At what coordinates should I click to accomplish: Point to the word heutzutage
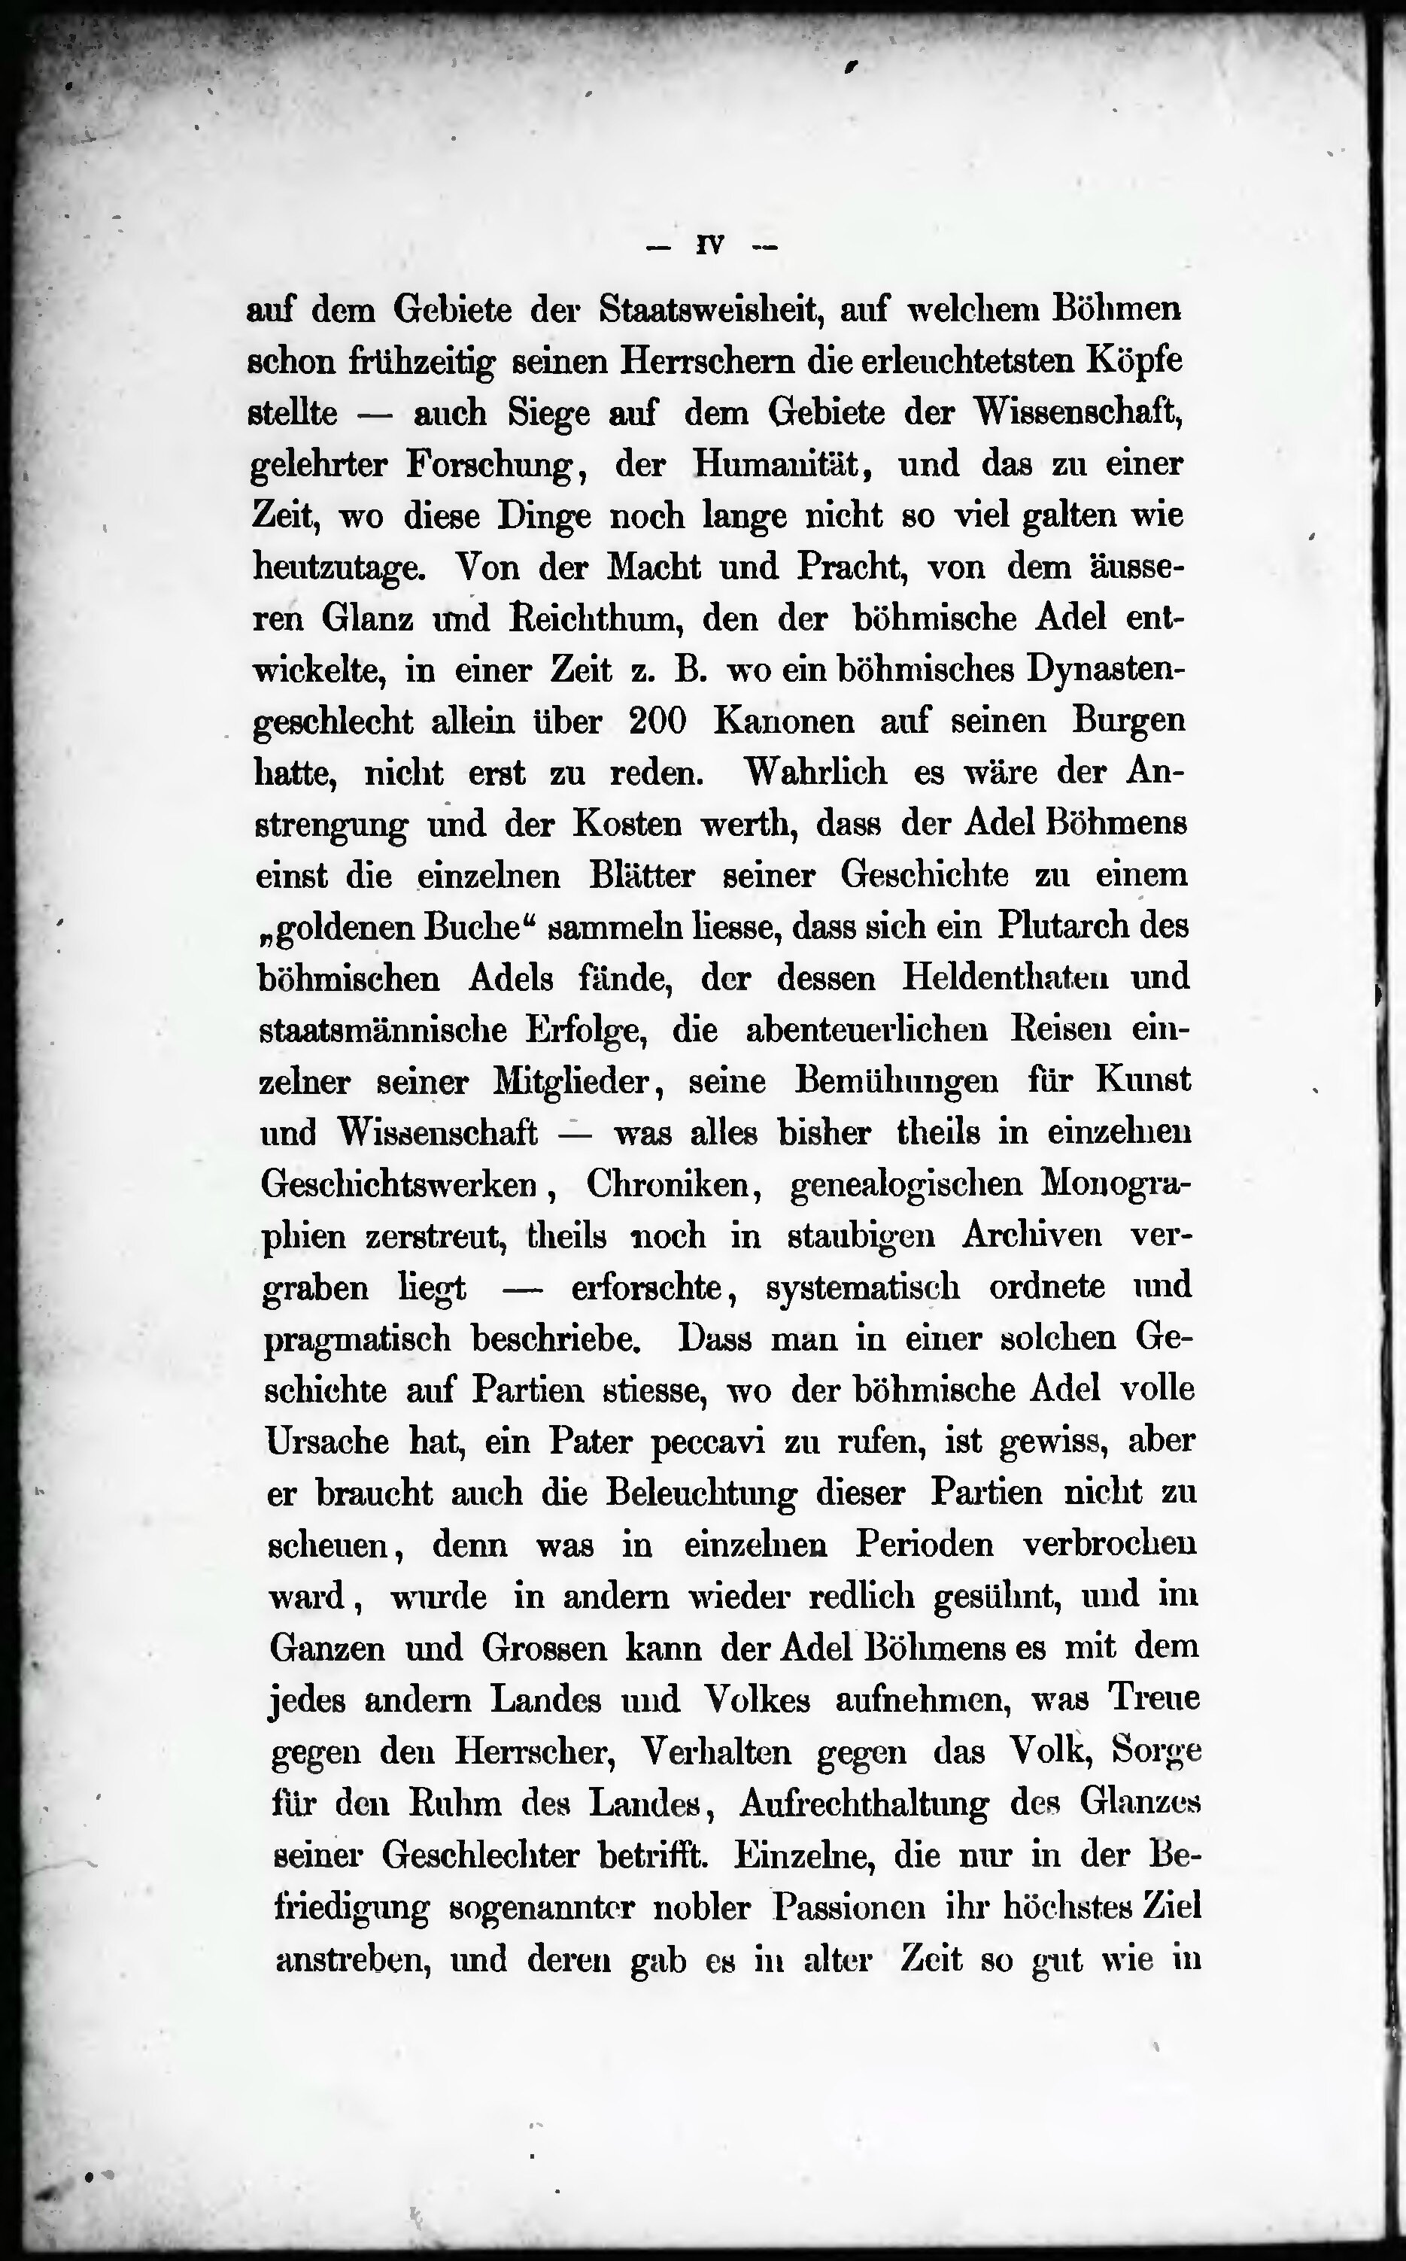coord(339,567)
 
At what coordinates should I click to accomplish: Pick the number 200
coord(657,722)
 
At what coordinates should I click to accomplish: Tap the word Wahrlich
coord(816,772)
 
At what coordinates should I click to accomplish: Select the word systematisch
coord(863,1287)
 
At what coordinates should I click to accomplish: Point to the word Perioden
coord(925,1544)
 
